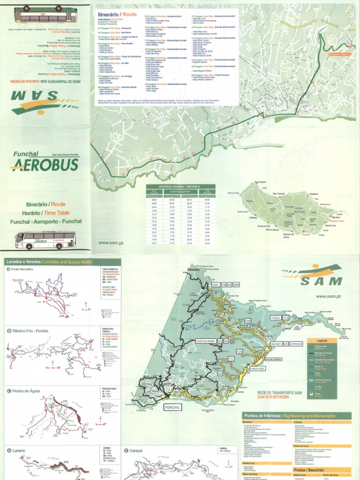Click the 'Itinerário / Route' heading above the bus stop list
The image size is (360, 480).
coord(117,15)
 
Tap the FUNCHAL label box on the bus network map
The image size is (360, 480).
coord(172,408)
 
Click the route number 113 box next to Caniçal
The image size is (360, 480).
coord(285,317)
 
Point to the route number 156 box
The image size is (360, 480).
coord(248,321)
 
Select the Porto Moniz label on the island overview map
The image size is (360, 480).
coord(260,182)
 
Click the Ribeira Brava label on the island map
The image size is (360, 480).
coord(272,230)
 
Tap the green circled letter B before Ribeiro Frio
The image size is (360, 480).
coord(8,330)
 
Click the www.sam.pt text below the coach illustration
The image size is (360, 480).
coord(111,243)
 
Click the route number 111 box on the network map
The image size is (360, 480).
coord(231,359)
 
